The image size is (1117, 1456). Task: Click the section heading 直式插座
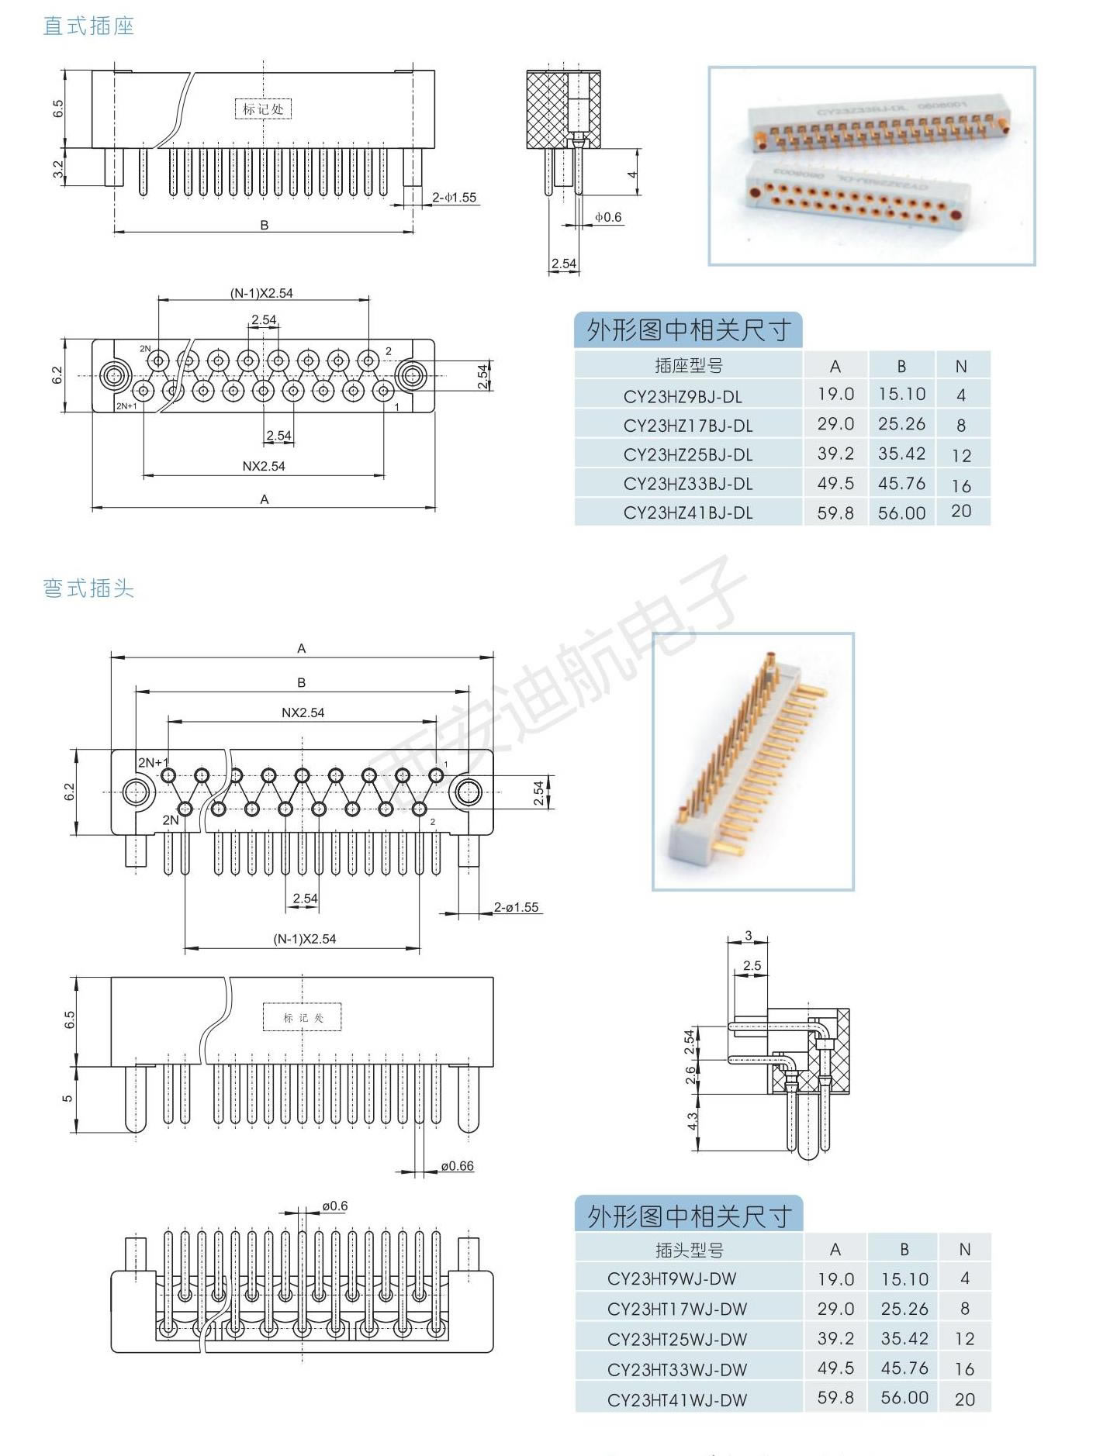point(88,26)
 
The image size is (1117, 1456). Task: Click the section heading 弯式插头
point(88,588)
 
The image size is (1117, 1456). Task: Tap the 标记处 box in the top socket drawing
point(263,109)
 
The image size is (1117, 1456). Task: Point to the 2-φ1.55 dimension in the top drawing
point(455,198)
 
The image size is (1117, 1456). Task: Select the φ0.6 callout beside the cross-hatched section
point(608,217)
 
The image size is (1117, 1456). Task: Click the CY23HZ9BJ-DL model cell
point(683,396)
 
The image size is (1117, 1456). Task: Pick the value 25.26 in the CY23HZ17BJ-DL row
point(901,424)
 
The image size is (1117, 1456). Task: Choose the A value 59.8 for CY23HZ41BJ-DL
point(835,512)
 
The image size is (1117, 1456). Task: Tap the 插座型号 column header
point(688,366)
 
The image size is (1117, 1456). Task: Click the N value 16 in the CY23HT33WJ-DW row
point(964,1369)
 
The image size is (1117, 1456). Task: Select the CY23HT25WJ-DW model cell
point(677,1339)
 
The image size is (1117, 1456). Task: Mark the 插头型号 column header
point(689,1250)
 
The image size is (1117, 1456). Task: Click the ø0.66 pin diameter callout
point(457,1165)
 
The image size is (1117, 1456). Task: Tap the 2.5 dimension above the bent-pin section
point(752,966)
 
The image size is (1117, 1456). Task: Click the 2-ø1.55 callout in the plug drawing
point(517,907)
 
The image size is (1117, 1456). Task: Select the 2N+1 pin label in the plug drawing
point(153,763)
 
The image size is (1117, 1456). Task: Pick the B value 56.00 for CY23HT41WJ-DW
point(904,1398)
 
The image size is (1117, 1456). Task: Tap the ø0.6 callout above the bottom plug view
point(335,1206)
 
